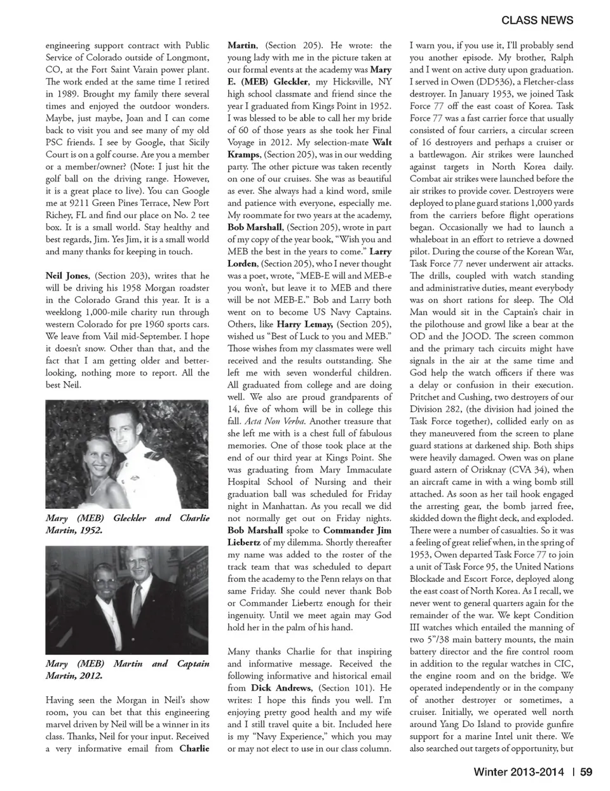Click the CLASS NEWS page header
[537, 20]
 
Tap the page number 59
[586, 772]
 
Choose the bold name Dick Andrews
[281, 687]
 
